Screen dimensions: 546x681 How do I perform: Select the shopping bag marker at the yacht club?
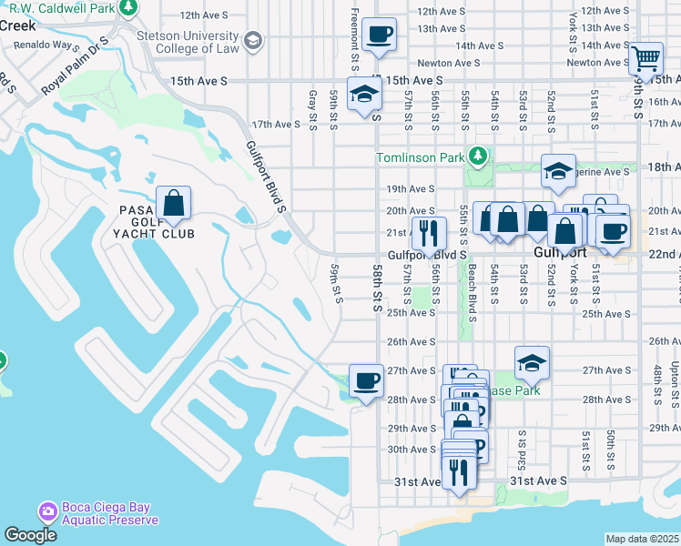tap(173, 203)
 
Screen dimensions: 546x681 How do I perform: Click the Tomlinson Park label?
tap(420, 157)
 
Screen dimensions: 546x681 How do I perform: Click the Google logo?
tap(29, 535)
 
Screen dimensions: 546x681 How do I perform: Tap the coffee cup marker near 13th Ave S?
tap(379, 35)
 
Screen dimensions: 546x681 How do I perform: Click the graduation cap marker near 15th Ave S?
tap(364, 94)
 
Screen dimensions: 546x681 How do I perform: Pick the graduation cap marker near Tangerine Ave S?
tap(558, 170)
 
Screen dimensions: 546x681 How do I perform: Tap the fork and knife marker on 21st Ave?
tap(429, 234)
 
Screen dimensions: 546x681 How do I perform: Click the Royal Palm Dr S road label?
tap(76, 66)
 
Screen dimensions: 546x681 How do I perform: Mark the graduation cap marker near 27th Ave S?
tap(531, 362)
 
